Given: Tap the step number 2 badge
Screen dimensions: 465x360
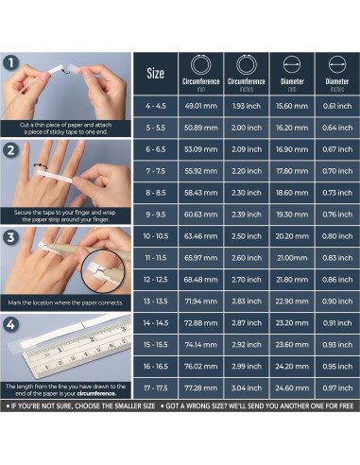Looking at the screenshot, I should (x=10, y=150).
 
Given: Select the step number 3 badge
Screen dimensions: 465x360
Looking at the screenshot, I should (x=10, y=237).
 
